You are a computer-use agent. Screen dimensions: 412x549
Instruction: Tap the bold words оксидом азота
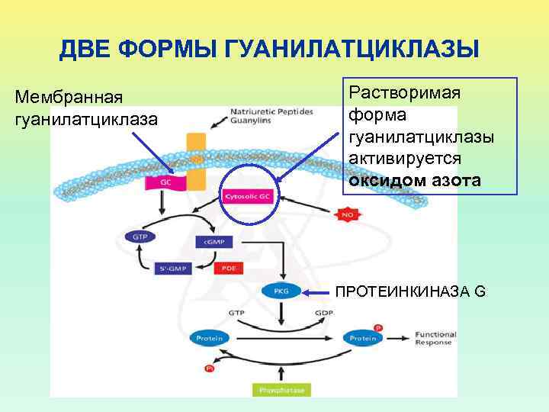416,181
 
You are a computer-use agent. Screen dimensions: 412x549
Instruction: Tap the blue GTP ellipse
140,237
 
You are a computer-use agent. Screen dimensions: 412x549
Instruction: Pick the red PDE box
227,268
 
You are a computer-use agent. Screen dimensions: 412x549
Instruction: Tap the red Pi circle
210,369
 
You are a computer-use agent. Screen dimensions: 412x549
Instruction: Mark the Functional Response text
435,338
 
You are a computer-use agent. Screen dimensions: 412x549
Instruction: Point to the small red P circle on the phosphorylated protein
379,327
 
